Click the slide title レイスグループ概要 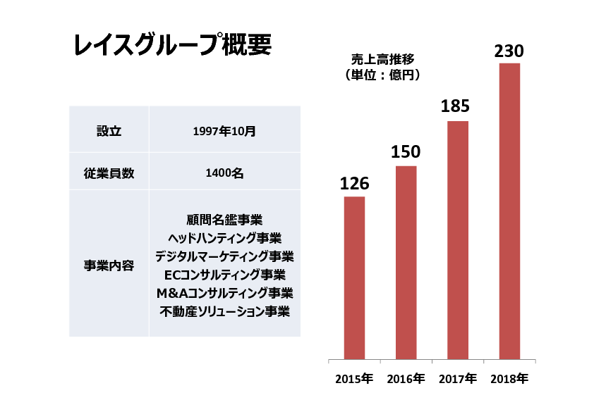tap(172, 46)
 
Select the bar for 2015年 tap(354, 277)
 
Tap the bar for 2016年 tap(406, 262)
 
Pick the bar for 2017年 tap(457, 239)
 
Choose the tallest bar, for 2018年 tap(509, 211)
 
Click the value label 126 tap(354, 184)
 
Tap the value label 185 tap(456, 107)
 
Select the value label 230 tap(509, 51)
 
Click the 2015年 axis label tap(354, 379)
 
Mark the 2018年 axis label tap(509, 379)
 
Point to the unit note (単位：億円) tap(379, 75)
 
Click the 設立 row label tap(109, 131)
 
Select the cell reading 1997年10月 tap(224, 131)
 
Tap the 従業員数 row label tap(109, 173)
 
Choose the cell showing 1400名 tap(224, 173)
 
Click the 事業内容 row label tap(109, 266)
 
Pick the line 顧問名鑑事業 tap(224, 220)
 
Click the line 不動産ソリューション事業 tap(224, 311)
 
